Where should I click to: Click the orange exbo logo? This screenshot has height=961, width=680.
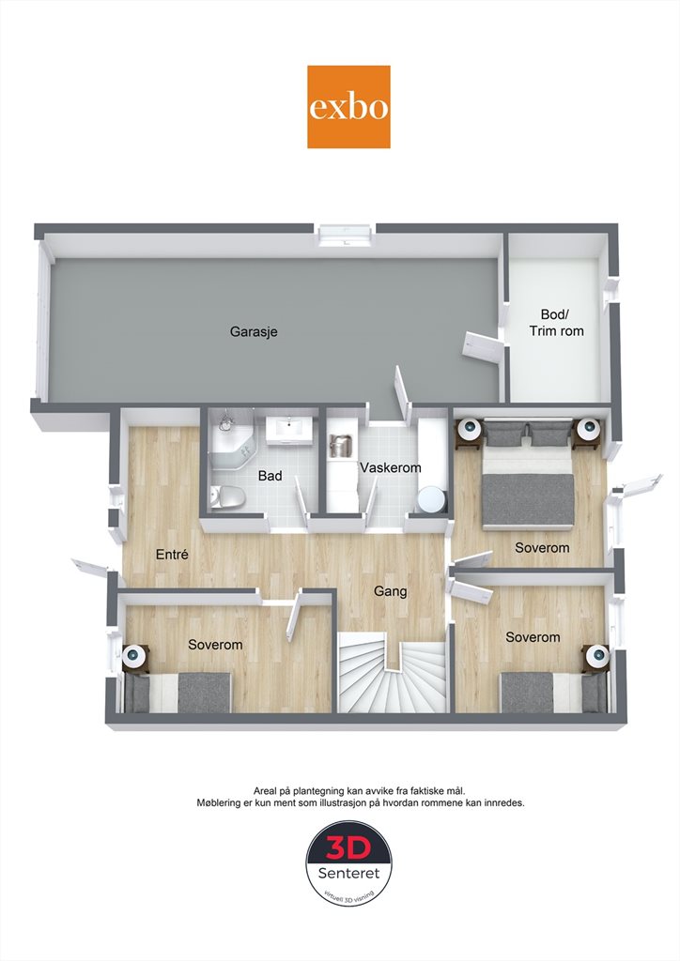click(348, 107)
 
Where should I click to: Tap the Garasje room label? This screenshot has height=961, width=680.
click(254, 331)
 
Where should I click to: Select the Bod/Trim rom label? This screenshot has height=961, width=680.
click(556, 323)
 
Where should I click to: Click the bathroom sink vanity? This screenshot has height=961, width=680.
click(290, 428)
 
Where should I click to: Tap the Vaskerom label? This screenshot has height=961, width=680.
click(391, 467)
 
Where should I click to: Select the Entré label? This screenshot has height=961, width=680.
click(172, 555)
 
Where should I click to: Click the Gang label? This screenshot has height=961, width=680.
click(391, 591)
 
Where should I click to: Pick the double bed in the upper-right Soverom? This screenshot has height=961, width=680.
click(528, 474)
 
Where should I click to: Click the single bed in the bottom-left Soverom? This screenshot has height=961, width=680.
click(178, 692)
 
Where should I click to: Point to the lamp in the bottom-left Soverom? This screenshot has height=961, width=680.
click(135, 656)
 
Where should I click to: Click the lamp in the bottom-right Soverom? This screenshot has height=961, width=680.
click(596, 656)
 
